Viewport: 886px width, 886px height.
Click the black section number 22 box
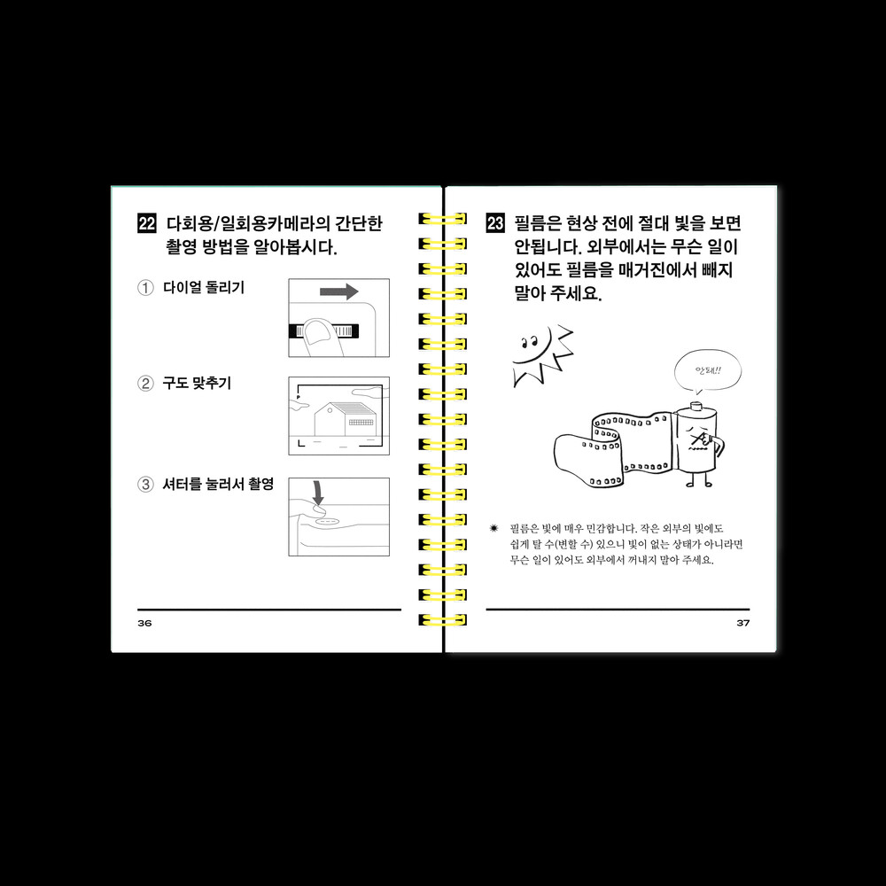click(147, 223)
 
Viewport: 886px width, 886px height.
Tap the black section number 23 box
click(495, 223)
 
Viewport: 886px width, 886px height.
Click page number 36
click(144, 623)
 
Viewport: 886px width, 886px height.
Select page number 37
click(743, 623)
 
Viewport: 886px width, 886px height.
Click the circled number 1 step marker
click(146, 288)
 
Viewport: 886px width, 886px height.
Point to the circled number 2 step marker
click(146, 384)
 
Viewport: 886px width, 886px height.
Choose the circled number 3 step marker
click(146, 485)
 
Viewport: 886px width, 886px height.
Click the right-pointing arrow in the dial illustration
click(339, 291)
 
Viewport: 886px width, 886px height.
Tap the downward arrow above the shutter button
click(319, 493)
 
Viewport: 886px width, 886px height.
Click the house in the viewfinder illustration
click(345, 419)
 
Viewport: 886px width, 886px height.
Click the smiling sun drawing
click(540, 355)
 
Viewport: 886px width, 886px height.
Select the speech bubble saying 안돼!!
click(707, 371)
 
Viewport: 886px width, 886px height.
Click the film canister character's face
click(700, 439)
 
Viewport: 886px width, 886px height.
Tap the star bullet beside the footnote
click(494, 528)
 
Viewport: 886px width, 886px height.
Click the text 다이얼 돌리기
click(204, 288)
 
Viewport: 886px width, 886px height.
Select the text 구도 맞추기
click(198, 384)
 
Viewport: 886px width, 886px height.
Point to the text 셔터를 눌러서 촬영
click(218, 485)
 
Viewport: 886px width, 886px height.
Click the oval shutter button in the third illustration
click(328, 521)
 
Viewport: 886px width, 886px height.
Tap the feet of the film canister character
click(699, 482)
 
